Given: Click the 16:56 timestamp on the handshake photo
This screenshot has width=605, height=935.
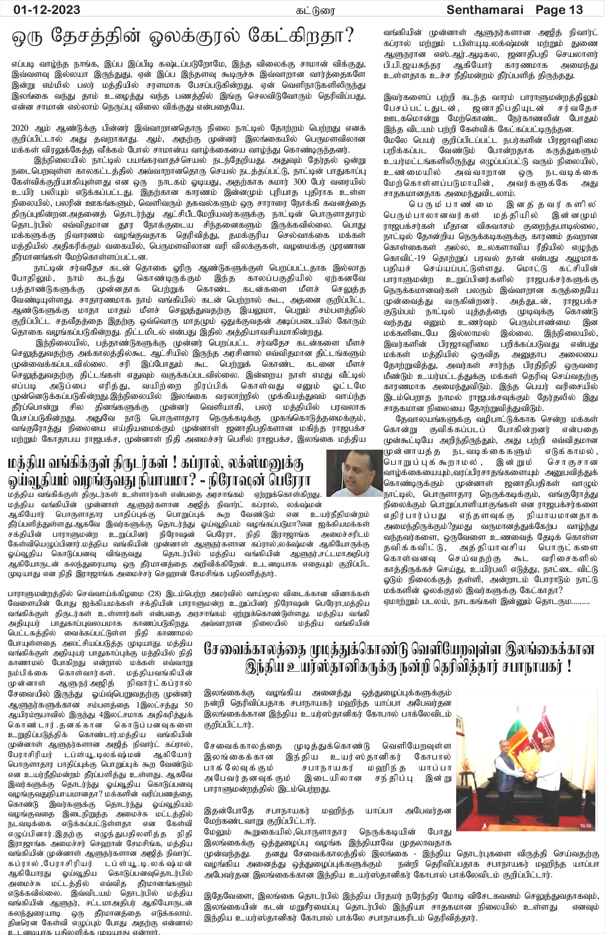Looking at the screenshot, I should [x=586, y=825].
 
